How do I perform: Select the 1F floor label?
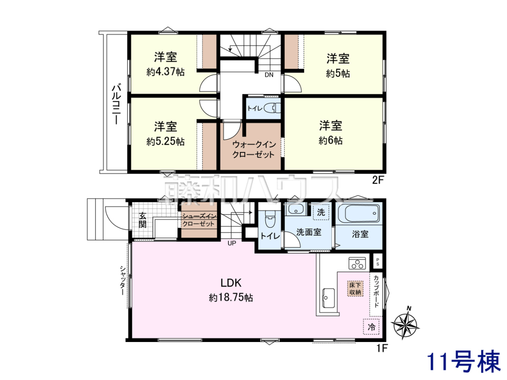[x=382, y=348]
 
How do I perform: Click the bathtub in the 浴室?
[x=358, y=213]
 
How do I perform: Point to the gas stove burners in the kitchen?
[x=357, y=263]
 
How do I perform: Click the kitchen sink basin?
[x=328, y=298]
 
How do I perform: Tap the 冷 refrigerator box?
[x=371, y=327]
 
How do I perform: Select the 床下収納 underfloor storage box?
[x=355, y=288]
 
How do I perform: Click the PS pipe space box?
[x=378, y=262]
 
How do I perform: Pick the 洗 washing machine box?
[x=321, y=212]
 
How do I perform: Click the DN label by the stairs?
[x=269, y=75]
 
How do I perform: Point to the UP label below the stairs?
[x=232, y=243]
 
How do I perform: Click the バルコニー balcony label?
[x=117, y=105]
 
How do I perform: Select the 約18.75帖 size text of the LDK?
[x=231, y=298]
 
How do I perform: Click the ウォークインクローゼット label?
[x=254, y=149]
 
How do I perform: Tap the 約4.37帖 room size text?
[x=166, y=72]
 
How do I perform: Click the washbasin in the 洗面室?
[x=296, y=209]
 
